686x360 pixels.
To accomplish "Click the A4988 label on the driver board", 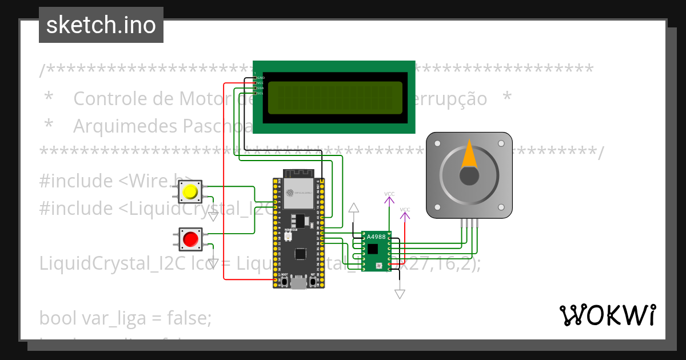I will tap(376, 237).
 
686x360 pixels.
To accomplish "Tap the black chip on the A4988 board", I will tap(373, 249).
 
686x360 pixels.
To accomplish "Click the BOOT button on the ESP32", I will tap(284, 282).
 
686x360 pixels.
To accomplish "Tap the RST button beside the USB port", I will tap(312, 282).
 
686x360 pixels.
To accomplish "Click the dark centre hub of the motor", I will tap(469, 176).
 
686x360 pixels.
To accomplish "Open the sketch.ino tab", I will tap(101, 25).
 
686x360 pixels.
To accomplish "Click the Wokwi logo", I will tap(607, 315).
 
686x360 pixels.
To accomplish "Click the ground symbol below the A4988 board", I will tap(400, 294).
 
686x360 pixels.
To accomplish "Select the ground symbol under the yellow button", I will tap(213, 216).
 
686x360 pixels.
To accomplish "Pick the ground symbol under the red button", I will tap(213, 263).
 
